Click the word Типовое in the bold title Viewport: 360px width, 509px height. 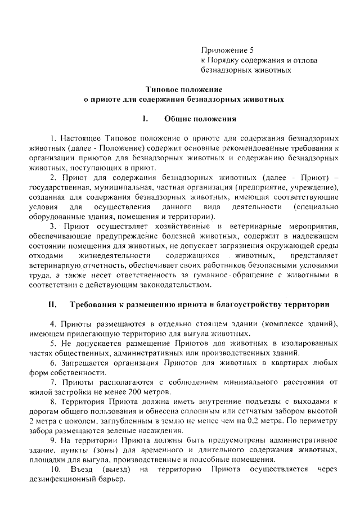[162, 89]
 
